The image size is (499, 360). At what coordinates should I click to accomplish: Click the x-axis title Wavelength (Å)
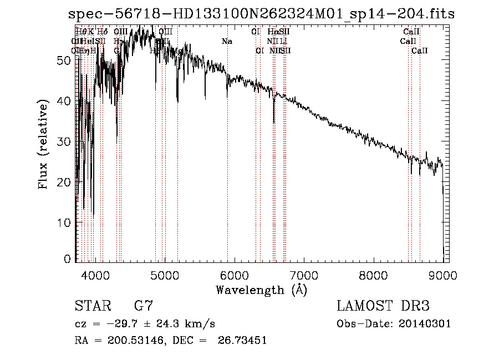pyautogui.click(x=261, y=290)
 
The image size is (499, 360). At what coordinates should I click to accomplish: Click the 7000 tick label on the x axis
pyautogui.click(x=304, y=275)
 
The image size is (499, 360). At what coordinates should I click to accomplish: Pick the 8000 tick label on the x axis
pyautogui.click(x=373, y=275)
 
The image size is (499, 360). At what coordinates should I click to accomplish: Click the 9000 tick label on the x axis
pyautogui.click(x=442, y=275)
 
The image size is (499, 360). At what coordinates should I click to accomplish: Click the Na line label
pyautogui.click(x=227, y=41)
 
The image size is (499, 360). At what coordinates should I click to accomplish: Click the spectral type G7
pyautogui.click(x=143, y=306)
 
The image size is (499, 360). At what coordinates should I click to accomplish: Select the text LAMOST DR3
pyautogui.click(x=383, y=306)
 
